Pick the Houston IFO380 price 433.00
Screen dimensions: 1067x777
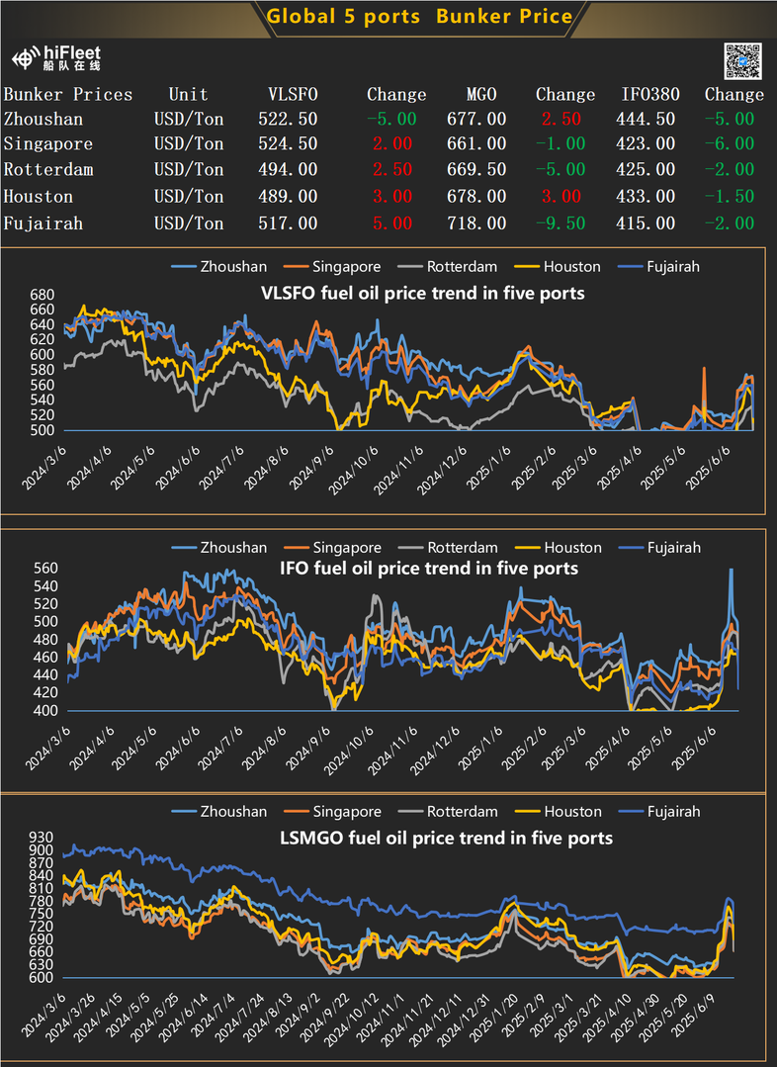click(x=648, y=198)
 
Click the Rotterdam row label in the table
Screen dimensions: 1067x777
click(x=48, y=170)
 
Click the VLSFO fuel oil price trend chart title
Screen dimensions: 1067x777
click(x=422, y=293)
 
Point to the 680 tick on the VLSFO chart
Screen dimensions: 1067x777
click(x=43, y=296)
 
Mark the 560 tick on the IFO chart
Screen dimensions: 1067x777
click(x=45, y=569)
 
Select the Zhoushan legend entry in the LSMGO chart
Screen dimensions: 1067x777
click(x=222, y=812)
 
